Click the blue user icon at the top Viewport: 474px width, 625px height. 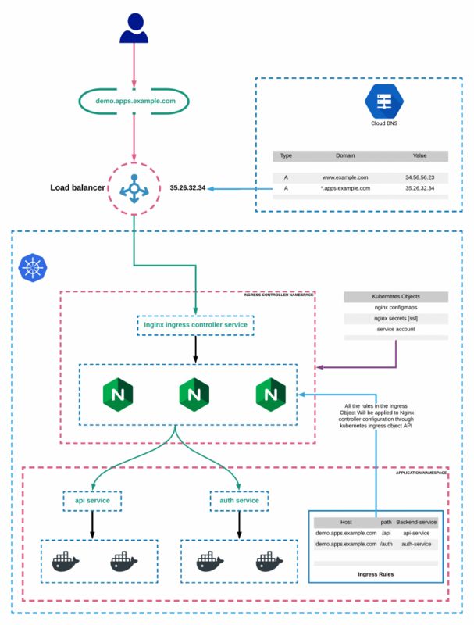click(134, 28)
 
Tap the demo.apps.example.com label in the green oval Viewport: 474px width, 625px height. click(135, 101)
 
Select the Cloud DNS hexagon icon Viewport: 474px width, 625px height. click(384, 102)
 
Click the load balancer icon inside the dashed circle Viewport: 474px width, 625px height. click(134, 188)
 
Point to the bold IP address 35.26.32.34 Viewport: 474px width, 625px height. click(187, 187)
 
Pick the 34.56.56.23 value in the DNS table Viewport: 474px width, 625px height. click(420, 177)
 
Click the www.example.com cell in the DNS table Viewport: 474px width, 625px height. click(345, 177)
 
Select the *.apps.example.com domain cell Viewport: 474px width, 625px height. click(345, 188)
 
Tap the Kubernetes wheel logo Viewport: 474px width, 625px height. click(33, 267)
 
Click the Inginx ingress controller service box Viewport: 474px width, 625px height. click(195, 325)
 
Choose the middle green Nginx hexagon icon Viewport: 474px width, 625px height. click(194, 395)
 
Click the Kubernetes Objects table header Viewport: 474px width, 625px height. click(396, 297)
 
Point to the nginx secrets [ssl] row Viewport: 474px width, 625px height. click(396, 318)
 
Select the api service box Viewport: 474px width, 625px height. click(92, 501)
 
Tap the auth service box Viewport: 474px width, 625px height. click(239, 501)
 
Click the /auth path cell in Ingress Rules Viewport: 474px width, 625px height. click(386, 544)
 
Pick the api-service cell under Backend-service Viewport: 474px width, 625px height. click(416, 533)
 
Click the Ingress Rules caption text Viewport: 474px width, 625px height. click(376, 574)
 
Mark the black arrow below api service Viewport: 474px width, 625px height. click(92, 525)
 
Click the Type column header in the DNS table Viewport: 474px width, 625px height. click(286, 155)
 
